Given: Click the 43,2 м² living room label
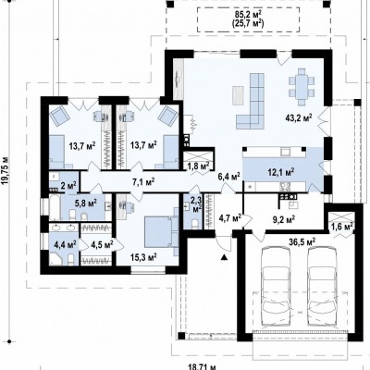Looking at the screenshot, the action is coord(299,117).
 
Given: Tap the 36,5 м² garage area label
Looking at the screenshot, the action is coord(302,241).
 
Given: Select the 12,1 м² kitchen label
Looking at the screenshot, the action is coord(280,171).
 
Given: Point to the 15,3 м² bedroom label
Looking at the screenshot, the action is coord(143,255).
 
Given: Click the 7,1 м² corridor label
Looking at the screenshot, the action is coord(143,182).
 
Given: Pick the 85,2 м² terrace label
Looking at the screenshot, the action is coord(248,14).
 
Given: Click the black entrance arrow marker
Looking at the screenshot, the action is coord(225,256).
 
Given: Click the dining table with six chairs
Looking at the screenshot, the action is coord(302,83).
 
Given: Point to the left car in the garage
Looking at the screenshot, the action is coord(276,288).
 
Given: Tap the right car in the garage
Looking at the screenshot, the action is coord(322,288).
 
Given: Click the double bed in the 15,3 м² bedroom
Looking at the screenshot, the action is coord(160,231).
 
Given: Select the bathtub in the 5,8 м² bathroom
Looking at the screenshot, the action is coord(55,207).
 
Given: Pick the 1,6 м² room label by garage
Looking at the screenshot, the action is coord(342,227).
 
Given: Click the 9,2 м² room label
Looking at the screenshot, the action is coord(284,219).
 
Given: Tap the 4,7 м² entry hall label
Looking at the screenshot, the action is coord(229,218).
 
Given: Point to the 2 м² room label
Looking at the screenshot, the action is coord(68,186).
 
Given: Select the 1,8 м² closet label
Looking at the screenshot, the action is coord(199,166).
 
